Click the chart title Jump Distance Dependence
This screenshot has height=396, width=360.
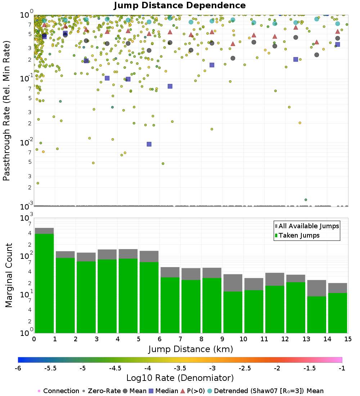(x=180, y=6)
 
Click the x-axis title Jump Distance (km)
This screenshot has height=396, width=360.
(x=190, y=349)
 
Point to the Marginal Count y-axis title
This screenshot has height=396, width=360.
(x=9, y=275)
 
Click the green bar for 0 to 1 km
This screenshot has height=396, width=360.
(x=44, y=283)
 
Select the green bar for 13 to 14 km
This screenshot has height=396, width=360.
(x=316, y=314)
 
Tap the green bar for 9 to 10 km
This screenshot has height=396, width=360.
(x=233, y=312)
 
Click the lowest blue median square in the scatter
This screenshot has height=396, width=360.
(x=149, y=144)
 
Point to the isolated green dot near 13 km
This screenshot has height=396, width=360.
(x=306, y=199)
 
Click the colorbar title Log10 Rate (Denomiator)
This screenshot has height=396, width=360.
(x=180, y=378)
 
